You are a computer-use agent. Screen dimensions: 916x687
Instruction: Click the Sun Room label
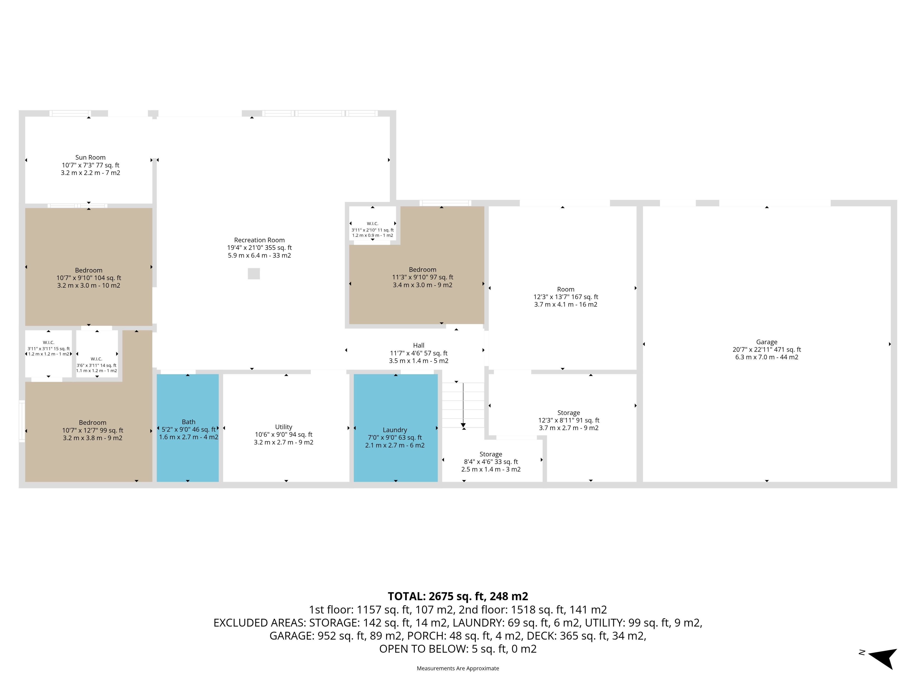point(90,157)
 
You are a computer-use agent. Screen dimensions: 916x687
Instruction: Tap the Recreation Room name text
point(259,240)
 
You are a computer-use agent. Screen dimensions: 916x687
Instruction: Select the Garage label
point(766,342)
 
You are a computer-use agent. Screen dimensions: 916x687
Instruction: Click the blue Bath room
point(187,428)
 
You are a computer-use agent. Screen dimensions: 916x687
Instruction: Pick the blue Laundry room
point(396,428)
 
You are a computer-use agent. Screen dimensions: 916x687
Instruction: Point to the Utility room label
point(284,427)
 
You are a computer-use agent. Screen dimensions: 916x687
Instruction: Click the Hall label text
point(419,345)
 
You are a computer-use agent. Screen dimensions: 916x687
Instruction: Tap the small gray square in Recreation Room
point(254,274)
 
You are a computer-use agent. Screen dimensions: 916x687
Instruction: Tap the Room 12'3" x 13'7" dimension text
point(566,297)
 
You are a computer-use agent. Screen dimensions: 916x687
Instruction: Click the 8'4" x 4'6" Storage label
point(491,462)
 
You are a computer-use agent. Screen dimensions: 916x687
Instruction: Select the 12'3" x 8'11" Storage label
point(569,420)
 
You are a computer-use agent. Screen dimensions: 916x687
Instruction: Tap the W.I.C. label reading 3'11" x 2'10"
point(373,229)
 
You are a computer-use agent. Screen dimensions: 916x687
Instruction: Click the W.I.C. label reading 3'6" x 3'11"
point(96,365)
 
